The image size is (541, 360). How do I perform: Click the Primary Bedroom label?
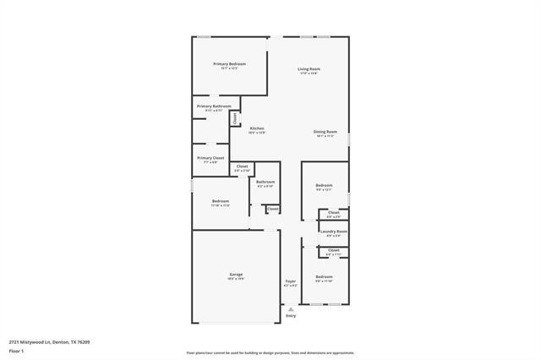point(229,64)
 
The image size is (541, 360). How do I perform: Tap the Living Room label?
point(309,68)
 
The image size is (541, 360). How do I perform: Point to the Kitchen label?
point(257,128)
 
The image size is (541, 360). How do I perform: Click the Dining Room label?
point(325,132)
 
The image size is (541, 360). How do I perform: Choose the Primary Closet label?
point(210,157)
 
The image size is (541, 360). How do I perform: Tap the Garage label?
point(236,274)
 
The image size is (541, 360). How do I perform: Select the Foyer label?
point(290,281)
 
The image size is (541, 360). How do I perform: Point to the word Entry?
point(291,316)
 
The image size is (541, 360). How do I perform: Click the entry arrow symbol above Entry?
point(291,309)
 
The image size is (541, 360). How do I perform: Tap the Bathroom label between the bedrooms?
point(265,182)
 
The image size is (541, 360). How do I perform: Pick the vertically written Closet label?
point(235,118)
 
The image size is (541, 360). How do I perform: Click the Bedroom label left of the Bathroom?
point(221,201)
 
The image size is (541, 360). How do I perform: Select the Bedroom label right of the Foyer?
point(325,277)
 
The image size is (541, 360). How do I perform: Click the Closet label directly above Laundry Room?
point(333,212)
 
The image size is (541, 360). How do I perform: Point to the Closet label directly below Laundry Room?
point(333,250)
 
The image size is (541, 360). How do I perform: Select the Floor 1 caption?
point(15,351)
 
